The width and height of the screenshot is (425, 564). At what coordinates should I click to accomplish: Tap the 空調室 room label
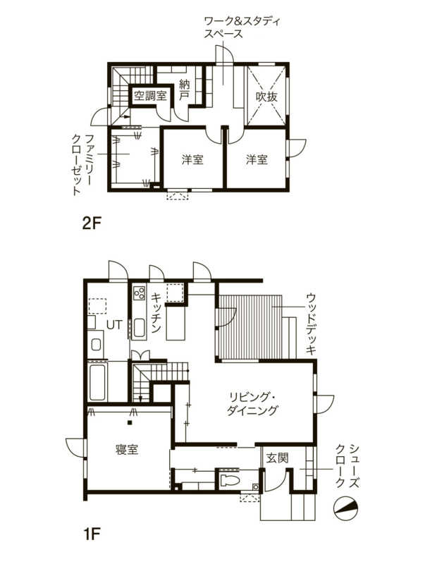(150, 96)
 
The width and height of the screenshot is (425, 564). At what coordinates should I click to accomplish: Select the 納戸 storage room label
(185, 90)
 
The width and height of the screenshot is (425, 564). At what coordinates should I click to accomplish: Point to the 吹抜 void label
(266, 96)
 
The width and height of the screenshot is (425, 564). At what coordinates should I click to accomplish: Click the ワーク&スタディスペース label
(242, 27)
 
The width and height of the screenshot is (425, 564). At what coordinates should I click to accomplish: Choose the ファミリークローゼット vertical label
(82, 165)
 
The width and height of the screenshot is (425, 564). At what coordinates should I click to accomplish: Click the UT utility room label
(115, 324)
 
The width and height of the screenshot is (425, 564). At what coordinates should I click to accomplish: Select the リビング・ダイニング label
(252, 404)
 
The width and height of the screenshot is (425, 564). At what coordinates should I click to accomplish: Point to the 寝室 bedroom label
(127, 449)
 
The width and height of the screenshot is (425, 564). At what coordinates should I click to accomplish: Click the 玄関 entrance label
(277, 458)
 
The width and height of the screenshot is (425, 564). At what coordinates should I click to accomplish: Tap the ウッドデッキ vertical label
(311, 324)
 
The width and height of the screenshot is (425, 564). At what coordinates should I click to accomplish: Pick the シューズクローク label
(347, 466)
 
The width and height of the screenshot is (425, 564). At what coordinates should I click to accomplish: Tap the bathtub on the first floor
(97, 383)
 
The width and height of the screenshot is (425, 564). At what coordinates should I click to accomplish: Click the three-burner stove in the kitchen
(139, 293)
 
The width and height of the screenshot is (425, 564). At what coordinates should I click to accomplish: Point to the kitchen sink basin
(139, 329)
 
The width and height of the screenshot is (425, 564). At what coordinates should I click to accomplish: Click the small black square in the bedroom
(130, 422)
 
